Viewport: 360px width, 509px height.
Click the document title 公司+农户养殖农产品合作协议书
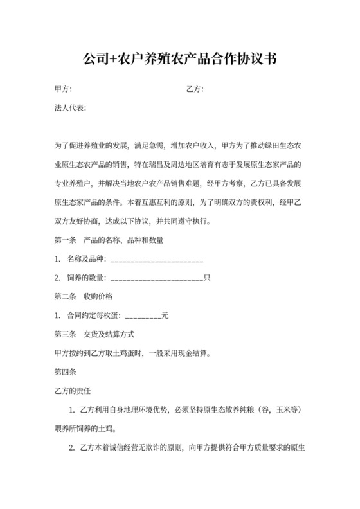pyautogui.click(x=180, y=60)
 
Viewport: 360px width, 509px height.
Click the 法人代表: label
pyautogui.click(x=70, y=107)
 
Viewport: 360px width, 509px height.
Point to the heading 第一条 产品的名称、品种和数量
pyautogui.click(x=109, y=241)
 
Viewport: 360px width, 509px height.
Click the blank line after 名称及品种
pyautogui.click(x=157, y=260)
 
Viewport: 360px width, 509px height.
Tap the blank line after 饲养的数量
pyautogui.click(x=157, y=279)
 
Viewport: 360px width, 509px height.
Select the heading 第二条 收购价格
pyautogui.click(x=84, y=297)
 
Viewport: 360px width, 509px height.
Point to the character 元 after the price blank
pyautogui.click(x=165, y=316)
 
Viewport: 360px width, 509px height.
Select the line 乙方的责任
pyautogui.click(x=70, y=390)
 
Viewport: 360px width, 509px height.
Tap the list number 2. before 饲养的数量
pyautogui.click(x=58, y=279)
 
